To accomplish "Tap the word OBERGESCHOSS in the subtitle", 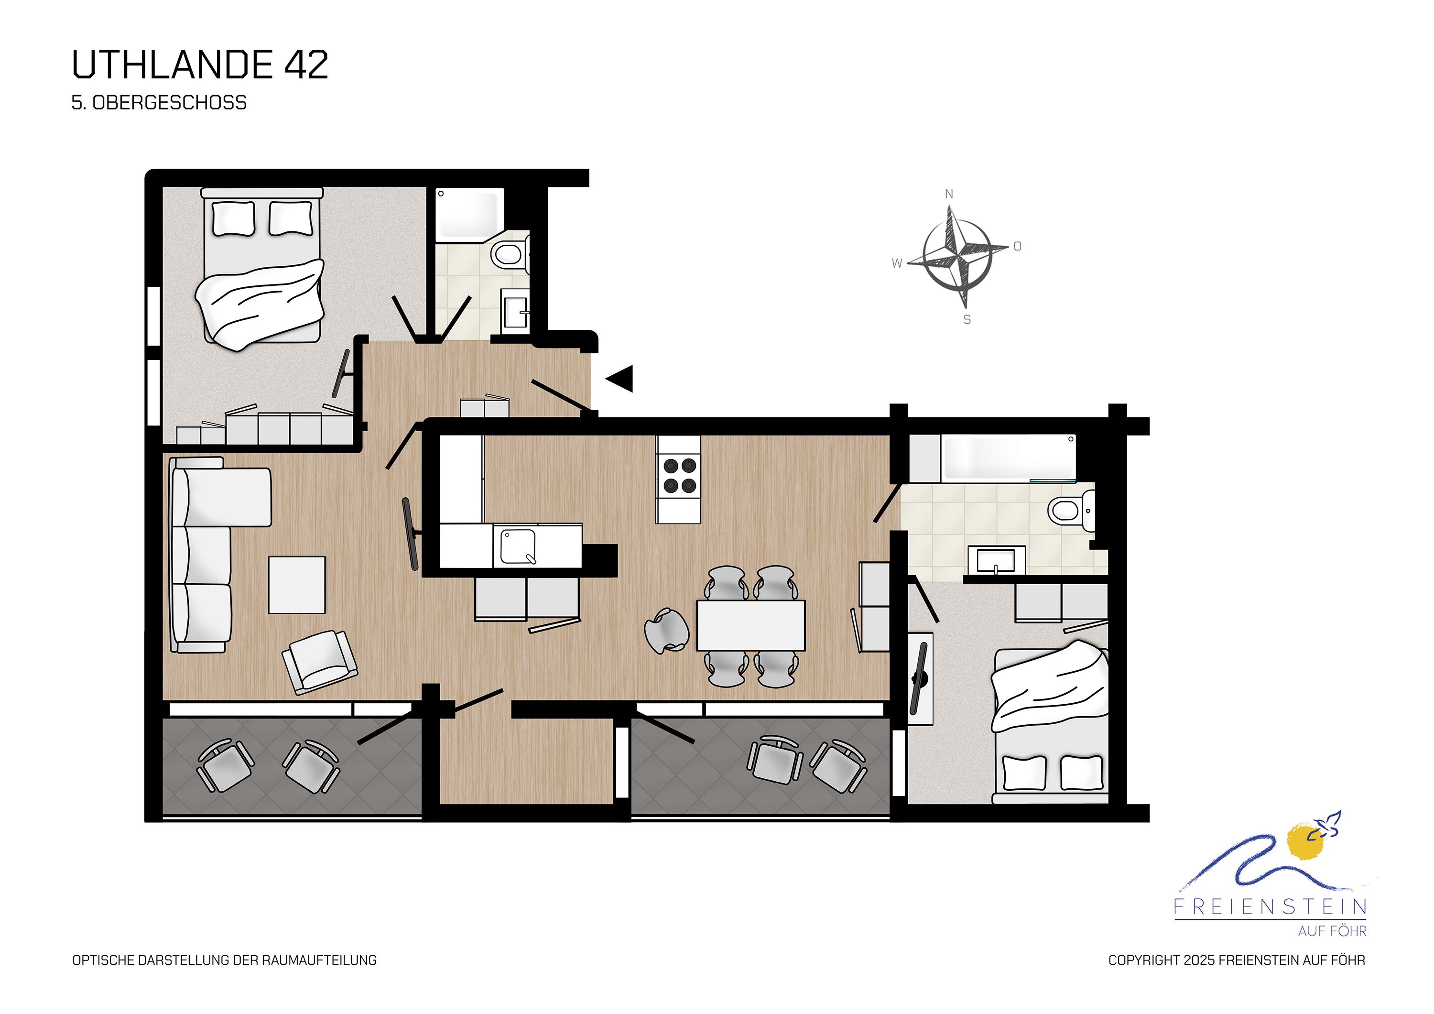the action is point(169,102).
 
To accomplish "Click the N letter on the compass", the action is point(949,194).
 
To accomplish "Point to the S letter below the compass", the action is point(967,319).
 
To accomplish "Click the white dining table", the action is point(751,625).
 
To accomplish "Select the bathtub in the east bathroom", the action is point(1008,458).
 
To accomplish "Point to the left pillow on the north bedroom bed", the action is point(234,218).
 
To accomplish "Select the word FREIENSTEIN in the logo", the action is point(1271,906).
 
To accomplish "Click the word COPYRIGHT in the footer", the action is point(1143,960).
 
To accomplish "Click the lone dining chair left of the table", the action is point(666,631).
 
